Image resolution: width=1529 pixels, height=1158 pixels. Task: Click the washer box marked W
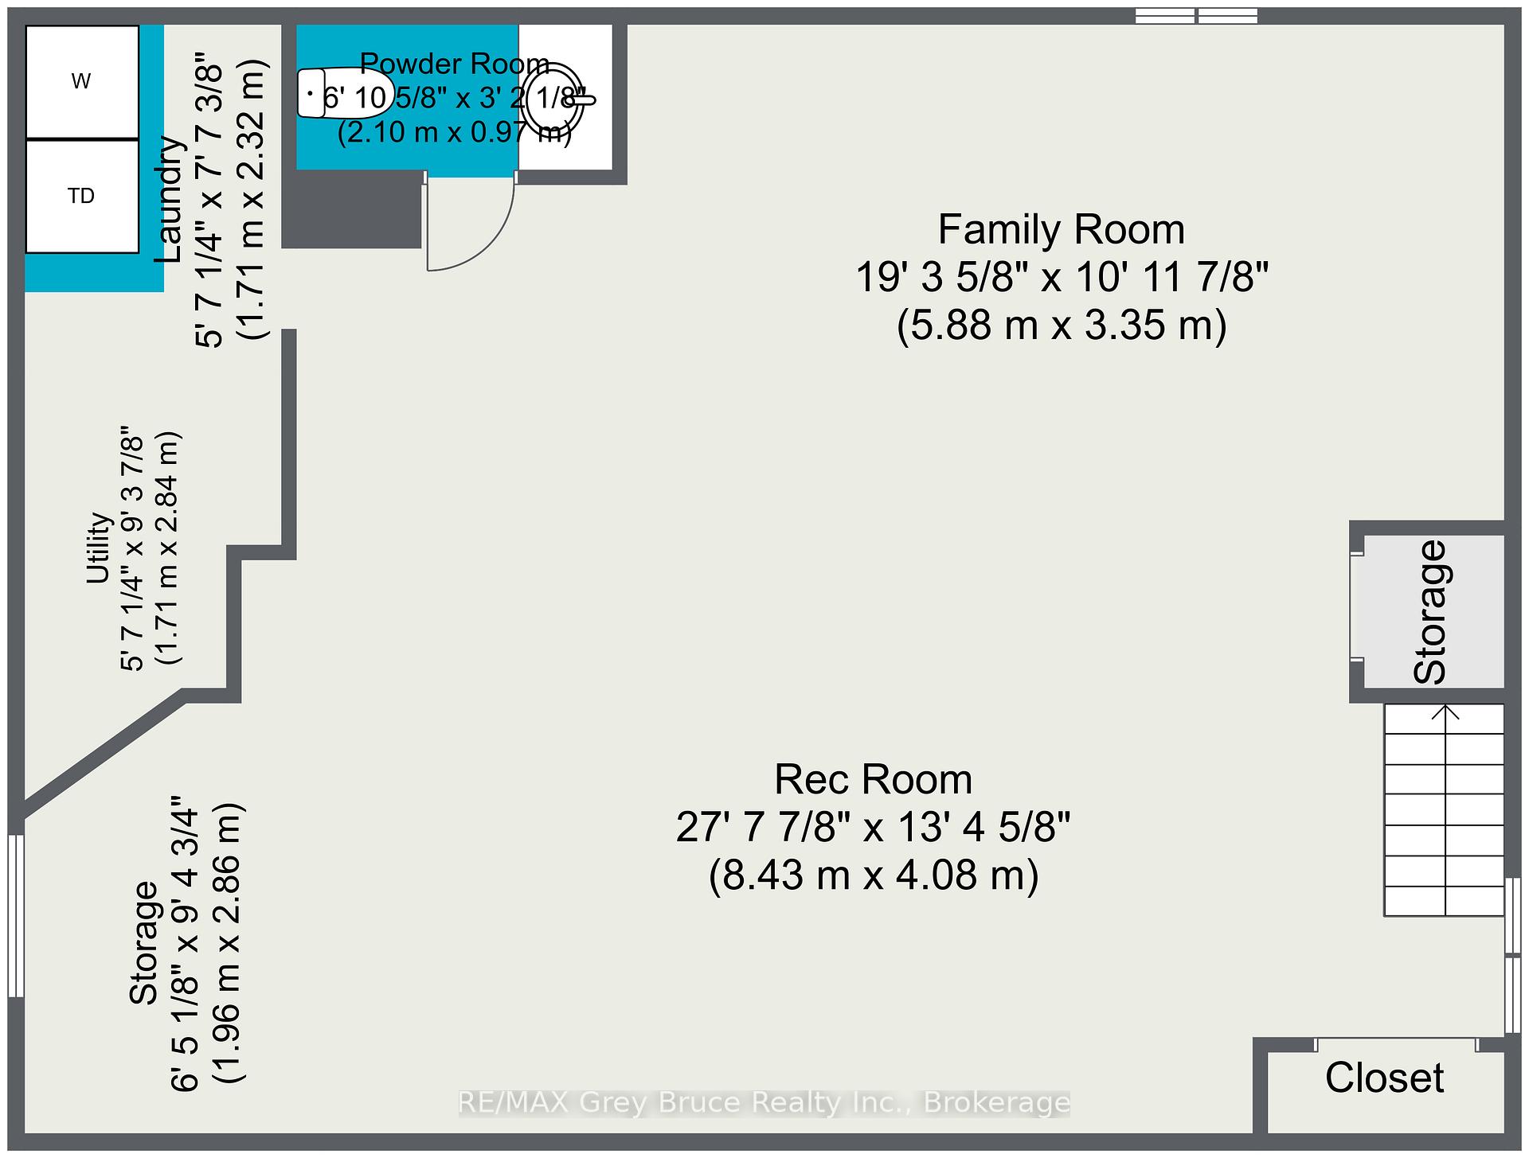click(82, 82)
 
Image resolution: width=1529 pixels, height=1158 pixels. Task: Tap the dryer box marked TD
click(82, 197)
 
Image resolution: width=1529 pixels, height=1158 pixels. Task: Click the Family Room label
click(1062, 230)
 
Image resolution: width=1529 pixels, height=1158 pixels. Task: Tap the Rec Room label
click(874, 779)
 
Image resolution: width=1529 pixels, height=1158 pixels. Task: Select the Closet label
click(1384, 1078)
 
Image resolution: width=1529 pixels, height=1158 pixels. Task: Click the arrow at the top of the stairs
click(1445, 712)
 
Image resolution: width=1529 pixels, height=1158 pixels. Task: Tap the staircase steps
click(1444, 810)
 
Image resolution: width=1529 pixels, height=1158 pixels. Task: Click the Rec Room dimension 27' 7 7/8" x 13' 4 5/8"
click(874, 828)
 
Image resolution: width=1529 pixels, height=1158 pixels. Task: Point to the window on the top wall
click(1196, 15)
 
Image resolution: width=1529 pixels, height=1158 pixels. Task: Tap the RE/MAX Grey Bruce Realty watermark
click(764, 1103)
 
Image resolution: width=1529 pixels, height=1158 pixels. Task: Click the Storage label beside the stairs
click(1430, 612)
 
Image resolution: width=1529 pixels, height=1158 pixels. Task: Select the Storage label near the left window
click(146, 942)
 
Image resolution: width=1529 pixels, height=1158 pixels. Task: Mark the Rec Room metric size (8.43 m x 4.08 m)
click(874, 875)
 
